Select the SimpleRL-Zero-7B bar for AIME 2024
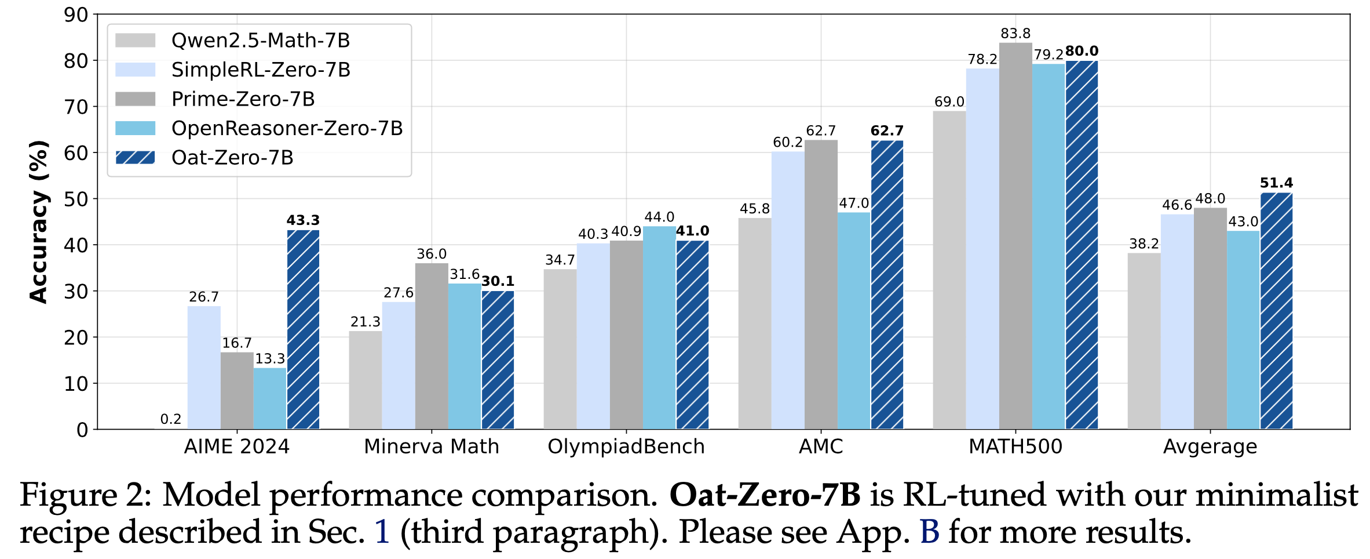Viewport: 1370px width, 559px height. point(204,368)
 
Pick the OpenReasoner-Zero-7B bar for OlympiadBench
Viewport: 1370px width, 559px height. point(659,328)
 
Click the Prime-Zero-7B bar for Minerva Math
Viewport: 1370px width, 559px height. point(432,346)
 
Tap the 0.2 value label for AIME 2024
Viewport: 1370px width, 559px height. point(171,419)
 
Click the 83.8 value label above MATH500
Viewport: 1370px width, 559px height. point(1015,34)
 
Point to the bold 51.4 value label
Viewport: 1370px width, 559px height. point(1276,183)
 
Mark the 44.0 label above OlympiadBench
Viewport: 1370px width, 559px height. point(659,217)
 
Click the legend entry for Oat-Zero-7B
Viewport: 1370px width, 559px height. point(232,158)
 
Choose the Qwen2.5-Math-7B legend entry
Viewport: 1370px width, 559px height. point(261,41)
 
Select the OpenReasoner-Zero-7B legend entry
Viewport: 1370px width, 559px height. point(287,128)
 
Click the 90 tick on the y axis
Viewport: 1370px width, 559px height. point(76,15)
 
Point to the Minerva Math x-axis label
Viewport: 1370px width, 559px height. point(432,447)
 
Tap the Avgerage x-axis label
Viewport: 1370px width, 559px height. point(1210,447)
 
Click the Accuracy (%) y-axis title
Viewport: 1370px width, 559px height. point(39,222)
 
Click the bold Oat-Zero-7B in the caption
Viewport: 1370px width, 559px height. point(765,495)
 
